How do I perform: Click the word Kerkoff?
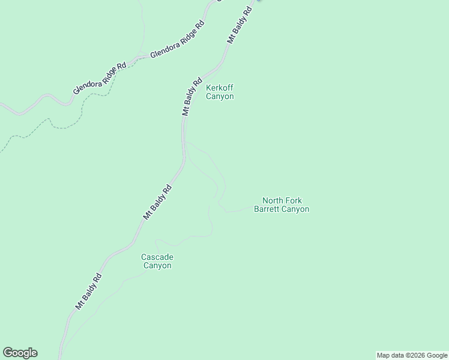[220, 88]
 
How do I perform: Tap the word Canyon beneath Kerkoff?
[220, 96]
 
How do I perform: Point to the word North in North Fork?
[273, 200]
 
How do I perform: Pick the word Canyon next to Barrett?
[296, 209]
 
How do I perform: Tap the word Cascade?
[157, 257]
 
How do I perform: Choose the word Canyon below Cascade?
[157, 265]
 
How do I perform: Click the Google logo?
[20, 353]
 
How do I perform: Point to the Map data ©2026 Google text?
[412, 355]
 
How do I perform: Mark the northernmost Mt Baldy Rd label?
[238, 25]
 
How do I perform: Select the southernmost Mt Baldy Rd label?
[89, 292]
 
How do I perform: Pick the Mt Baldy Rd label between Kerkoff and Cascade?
[157, 202]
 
